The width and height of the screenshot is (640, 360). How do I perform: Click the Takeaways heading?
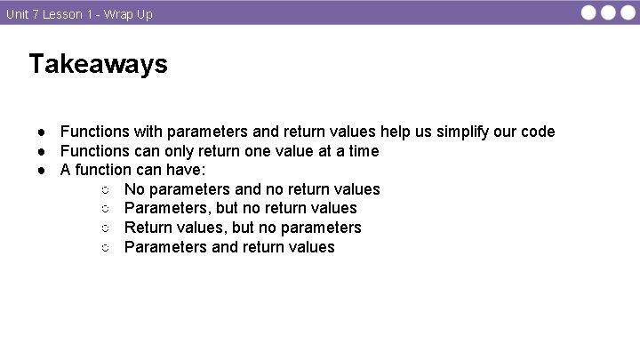(x=98, y=64)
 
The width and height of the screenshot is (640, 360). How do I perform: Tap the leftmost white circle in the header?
(x=590, y=12)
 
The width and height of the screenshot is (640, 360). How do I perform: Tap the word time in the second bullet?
(x=362, y=151)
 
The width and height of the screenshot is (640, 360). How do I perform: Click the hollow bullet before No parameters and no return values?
(x=105, y=190)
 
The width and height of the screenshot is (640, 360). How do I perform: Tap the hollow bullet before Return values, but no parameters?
(x=105, y=228)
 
